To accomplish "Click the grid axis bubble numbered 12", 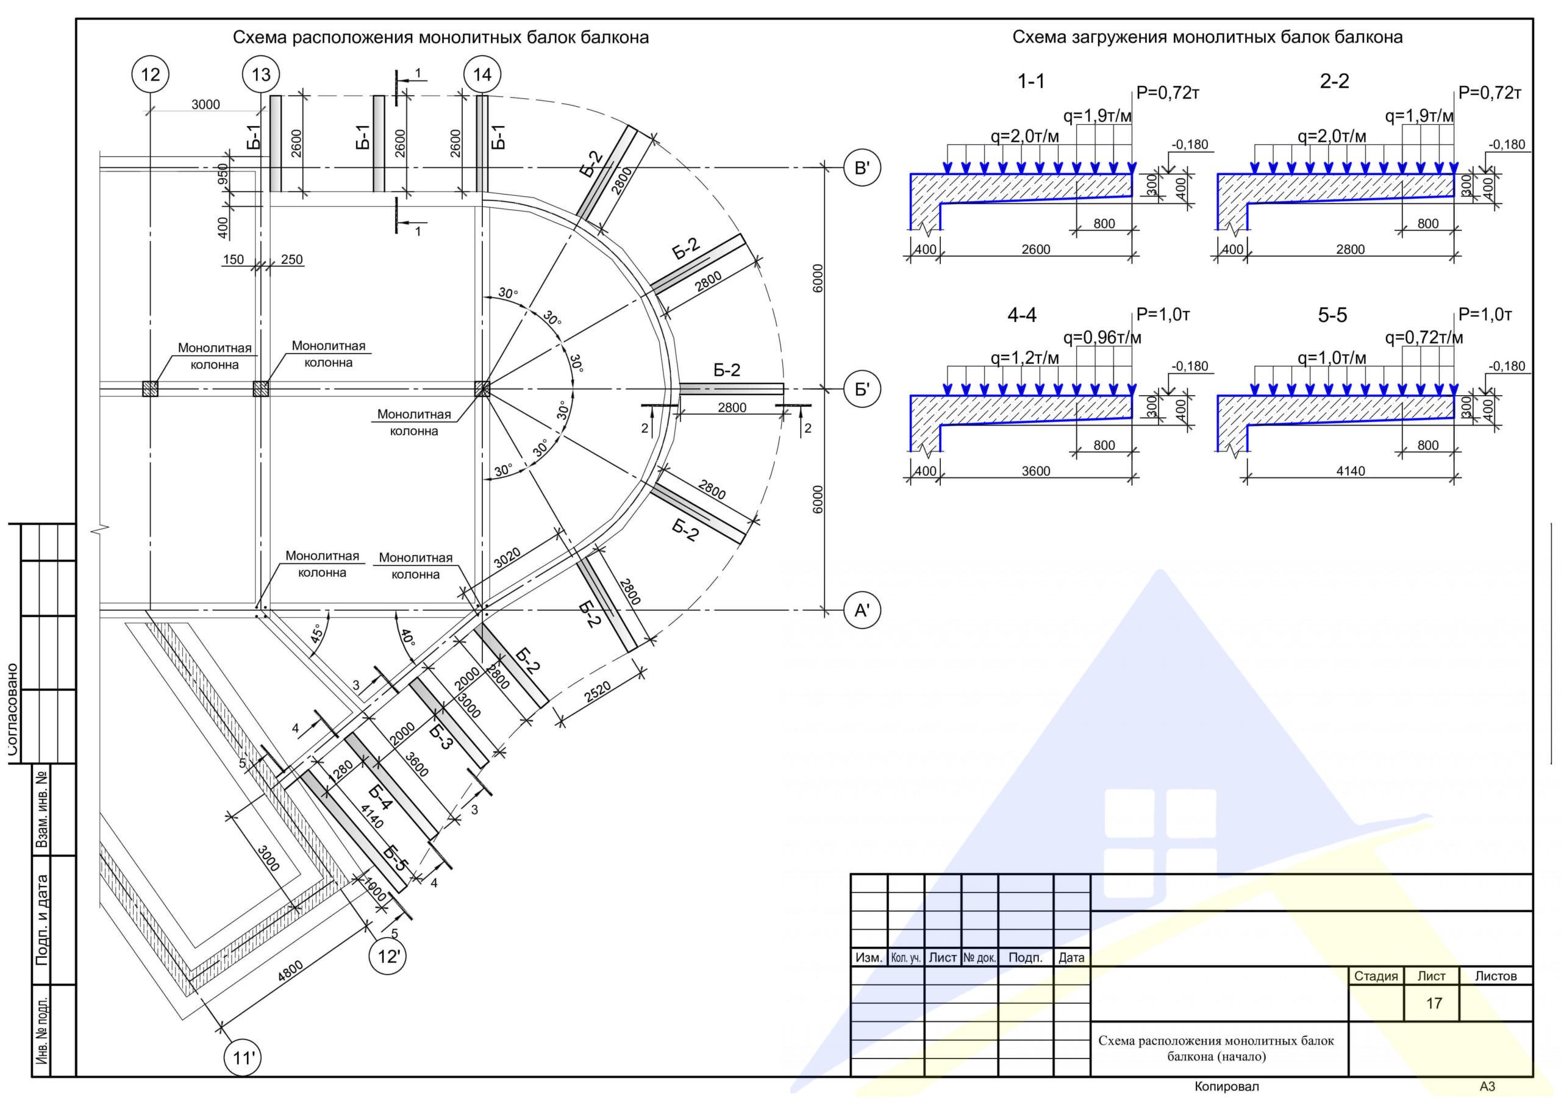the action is (149, 74).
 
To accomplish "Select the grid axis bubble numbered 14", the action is (482, 74).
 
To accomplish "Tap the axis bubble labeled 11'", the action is (243, 1058).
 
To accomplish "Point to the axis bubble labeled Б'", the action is (862, 390).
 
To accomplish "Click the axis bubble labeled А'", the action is (862, 611).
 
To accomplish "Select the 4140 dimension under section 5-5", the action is (1350, 471).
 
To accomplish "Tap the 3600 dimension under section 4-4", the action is (1036, 471).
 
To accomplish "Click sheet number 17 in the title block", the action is (1434, 1003).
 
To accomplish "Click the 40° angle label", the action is (406, 638).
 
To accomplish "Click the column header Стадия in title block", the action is (1376, 976).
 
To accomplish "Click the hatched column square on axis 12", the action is (149, 389).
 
